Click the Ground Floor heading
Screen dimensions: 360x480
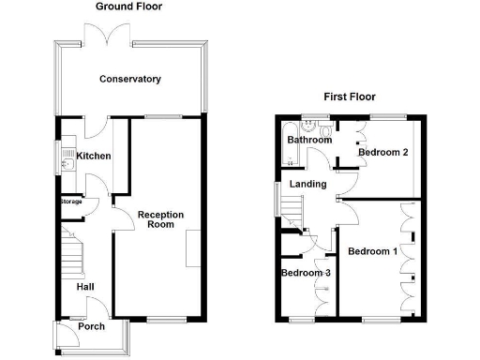[x=128, y=7]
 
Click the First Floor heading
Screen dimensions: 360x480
[x=350, y=96]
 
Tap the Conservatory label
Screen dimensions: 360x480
[x=130, y=80]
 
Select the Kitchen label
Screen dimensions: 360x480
[x=94, y=157]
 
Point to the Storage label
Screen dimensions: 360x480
[x=71, y=202]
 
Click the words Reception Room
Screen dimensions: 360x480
[x=160, y=219]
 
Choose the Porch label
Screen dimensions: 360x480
[x=92, y=327]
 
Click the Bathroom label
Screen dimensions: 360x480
[x=308, y=141]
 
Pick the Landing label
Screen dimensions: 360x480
[x=307, y=185]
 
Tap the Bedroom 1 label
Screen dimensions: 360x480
[x=372, y=251]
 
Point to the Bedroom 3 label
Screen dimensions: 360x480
[x=305, y=273]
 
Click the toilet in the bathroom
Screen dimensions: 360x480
[x=323, y=125]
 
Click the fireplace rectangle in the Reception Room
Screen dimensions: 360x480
[x=193, y=250]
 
